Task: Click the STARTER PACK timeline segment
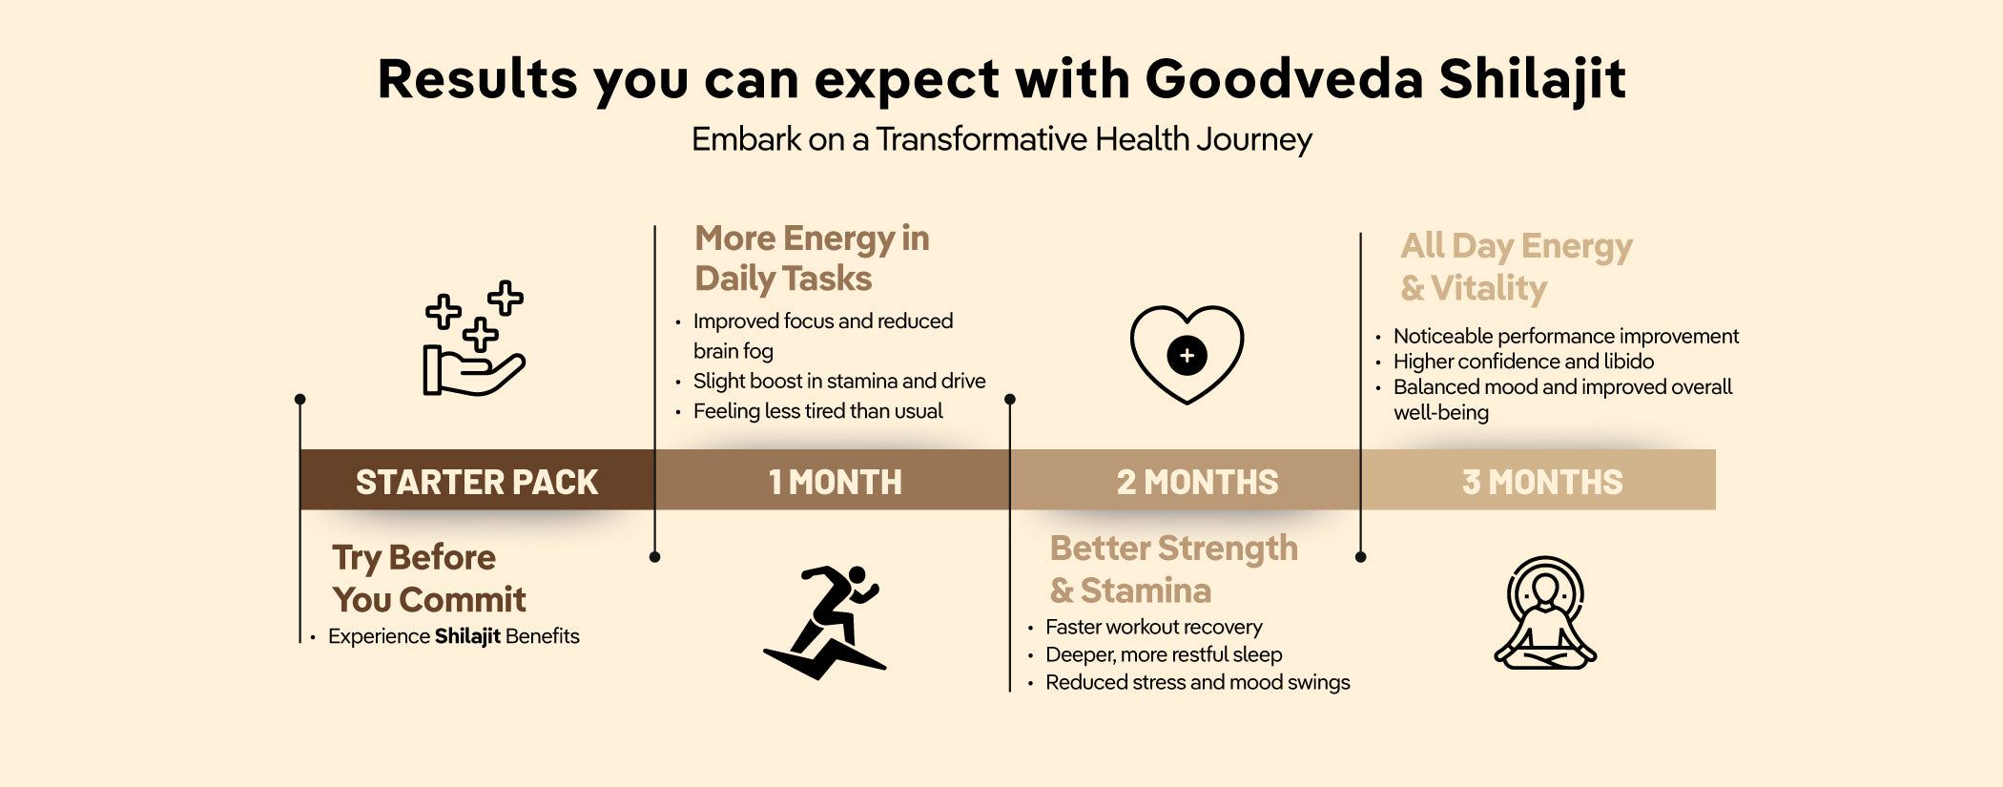tap(477, 480)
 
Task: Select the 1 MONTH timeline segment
tap(833, 480)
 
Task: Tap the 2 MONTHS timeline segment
tap(1186, 480)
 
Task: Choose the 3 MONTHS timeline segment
tap(1538, 480)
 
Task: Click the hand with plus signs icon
tap(474, 339)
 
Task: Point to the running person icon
tap(826, 622)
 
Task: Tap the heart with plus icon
tap(1187, 354)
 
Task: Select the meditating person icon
tap(1545, 612)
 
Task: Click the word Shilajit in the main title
tap(1532, 78)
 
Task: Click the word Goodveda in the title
tap(1284, 78)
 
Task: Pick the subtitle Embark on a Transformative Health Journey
tap(1001, 139)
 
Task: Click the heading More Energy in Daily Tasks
tap(812, 259)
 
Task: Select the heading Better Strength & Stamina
tap(1173, 570)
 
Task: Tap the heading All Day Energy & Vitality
tap(1517, 267)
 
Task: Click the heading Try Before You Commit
tap(429, 578)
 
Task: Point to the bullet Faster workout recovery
tap(1153, 627)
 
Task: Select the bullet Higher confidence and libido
tap(1523, 362)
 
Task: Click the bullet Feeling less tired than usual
tap(817, 411)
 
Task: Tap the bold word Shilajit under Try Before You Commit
tap(467, 636)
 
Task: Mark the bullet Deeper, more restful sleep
tap(1164, 654)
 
